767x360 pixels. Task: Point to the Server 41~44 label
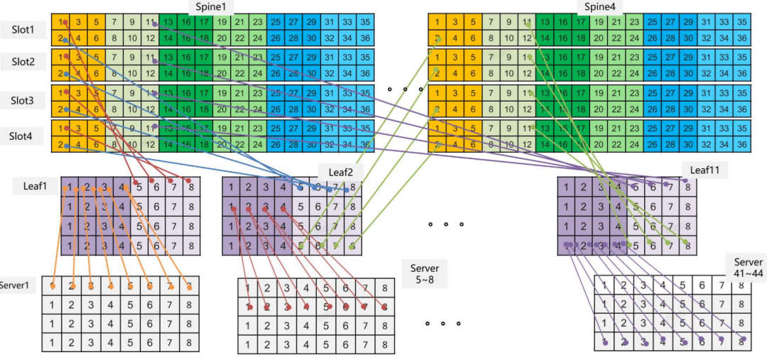pyautogui.click(x=748, y=268)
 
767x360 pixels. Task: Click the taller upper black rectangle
pyautogui.click(x=505, y=241)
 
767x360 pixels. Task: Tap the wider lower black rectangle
pyautogui.click(x=523, y=310)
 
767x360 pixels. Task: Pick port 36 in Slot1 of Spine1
pyautogui.click(x=365, y=38)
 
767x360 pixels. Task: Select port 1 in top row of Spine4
pyautogui.click(x=438, y=21)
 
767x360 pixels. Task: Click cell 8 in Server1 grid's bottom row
pyautogui.click(x=188, y=342)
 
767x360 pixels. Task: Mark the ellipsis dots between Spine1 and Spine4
pyautogui.click(x=405, y=89)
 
